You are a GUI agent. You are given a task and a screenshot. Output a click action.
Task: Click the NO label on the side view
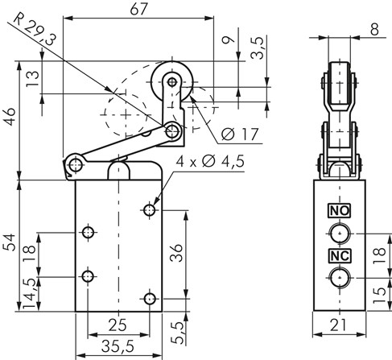click(x=340, y=211)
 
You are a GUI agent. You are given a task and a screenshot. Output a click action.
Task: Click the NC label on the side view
click(x=340, y=256)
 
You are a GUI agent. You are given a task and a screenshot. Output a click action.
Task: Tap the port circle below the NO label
click(x=340, y=234)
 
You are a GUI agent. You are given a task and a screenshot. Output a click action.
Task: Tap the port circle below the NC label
click(x=340, y=278)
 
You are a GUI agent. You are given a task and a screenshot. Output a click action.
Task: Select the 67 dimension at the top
click(x=138, y=9)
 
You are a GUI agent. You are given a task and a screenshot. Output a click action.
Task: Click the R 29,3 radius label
click(x=35, y=29)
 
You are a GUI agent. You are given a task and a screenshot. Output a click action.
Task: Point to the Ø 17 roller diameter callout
click(x=240, y=134)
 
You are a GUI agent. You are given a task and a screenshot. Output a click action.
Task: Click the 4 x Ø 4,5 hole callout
click(x=210, y=161)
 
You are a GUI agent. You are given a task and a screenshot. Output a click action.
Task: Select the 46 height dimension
click(x=10, y=117)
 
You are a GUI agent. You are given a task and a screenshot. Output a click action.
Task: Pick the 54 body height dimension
click(x=10, y=242)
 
